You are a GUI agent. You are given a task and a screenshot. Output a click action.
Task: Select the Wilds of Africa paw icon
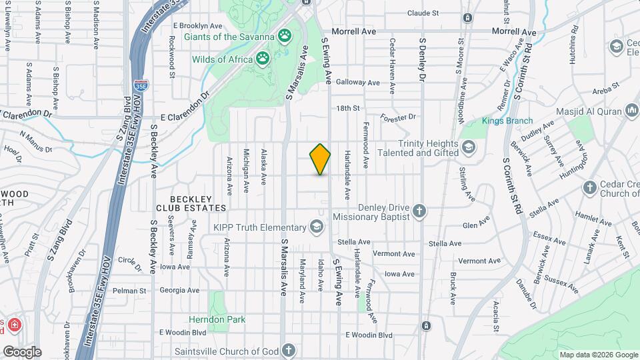click(x=263, y=59)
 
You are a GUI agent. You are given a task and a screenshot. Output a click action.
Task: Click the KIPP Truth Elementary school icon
click(x=317, y=227)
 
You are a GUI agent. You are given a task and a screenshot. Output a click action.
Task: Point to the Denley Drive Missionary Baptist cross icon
click(x=419, y=211)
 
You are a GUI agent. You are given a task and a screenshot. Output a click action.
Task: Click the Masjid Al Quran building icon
click(x=631, y=109)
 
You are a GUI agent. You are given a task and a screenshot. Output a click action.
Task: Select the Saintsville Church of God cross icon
click(x=288, y=350)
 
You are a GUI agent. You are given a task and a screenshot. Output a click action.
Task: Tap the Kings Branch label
click(x=508, y=121)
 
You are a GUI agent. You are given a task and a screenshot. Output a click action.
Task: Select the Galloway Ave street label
click(x=358, y=83)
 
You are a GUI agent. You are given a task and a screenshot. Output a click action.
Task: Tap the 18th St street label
click(x=348, y=108)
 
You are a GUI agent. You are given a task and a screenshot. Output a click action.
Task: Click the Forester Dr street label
click(x=398, y=117)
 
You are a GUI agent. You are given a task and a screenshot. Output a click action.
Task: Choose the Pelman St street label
click(x=129, y=291)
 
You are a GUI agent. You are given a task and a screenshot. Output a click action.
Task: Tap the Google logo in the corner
click(x=21, y=351)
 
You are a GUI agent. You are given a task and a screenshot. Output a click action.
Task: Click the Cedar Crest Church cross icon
click(x=589, y=187)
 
